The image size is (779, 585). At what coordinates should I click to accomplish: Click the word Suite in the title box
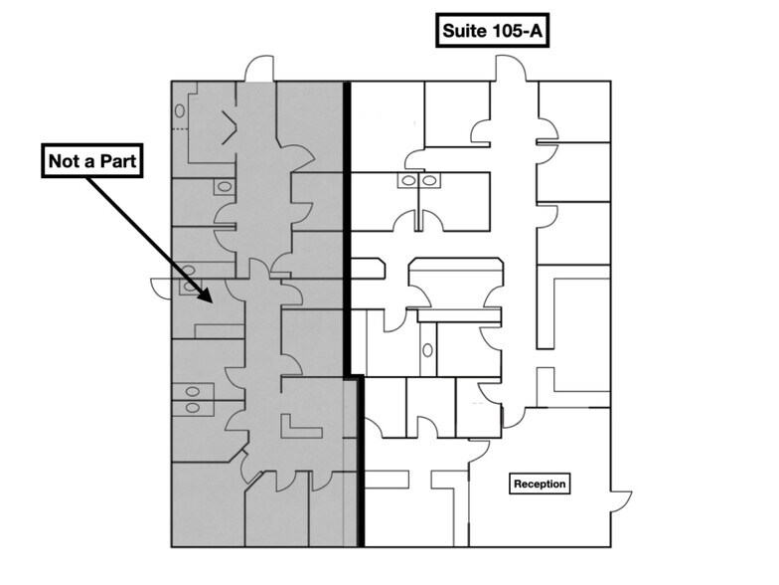tap(464, 31)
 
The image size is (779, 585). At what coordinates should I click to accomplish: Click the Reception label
tap(540, 484)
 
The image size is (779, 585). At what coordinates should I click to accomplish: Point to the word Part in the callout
tap(118, 161)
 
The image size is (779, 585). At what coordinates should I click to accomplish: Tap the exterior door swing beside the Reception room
tap(621, 501)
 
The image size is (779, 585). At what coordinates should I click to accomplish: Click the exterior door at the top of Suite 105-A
tap(510, 68)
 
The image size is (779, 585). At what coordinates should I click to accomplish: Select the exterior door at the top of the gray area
tap(259, 68)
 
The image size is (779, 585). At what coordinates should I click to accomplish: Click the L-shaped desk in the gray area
tap(300, 428)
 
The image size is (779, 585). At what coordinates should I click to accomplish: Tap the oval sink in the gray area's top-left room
tap(180, 111)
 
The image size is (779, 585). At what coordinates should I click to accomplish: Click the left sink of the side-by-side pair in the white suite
tap(408, 180)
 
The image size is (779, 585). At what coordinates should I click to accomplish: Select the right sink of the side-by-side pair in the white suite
tap(430, 180)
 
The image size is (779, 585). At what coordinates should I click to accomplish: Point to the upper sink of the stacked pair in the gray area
tap(193, 392)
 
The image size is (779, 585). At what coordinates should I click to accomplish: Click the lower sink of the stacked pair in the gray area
tap(193, 409)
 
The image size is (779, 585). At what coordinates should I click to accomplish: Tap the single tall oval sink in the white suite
tap(427, 350)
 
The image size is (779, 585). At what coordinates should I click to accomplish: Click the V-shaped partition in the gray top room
tap(229, 127)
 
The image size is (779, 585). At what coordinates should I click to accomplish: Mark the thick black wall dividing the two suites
tap(348, 229)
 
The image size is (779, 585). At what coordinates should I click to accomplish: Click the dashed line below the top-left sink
tap(181, 129)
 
